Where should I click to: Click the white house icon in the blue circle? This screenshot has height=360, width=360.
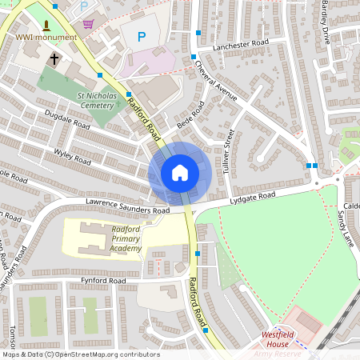(179, 173)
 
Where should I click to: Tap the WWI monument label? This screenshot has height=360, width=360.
(46, 37)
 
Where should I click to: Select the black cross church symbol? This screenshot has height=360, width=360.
(54, 59)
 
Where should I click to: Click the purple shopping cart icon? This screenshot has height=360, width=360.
(87, 23)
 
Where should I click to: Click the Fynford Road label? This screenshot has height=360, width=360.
(104, 282)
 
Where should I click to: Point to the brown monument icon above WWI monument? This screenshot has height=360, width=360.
(46, 24)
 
